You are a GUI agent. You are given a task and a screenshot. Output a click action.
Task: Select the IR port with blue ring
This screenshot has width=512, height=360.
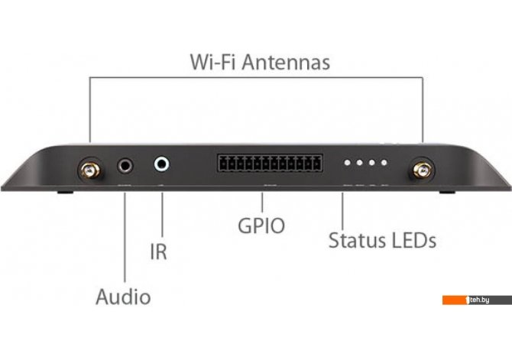[x=163, y=164]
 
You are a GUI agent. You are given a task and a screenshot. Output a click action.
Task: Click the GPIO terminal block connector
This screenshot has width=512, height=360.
[x=268, y=163]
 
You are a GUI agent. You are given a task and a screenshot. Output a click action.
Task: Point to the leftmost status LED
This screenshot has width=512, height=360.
[x=348, y=163]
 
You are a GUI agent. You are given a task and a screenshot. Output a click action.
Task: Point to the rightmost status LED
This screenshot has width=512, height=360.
[x=384, y=163]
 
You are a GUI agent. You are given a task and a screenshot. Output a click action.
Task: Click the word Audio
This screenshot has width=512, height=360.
[x=123, y=297]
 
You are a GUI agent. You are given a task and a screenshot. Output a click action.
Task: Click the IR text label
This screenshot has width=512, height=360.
[x=158, y=253]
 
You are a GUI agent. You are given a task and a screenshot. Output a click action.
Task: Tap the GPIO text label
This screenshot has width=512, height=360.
[x=261, y=227]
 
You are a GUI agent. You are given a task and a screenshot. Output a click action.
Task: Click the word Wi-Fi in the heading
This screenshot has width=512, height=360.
[x=209, y=62]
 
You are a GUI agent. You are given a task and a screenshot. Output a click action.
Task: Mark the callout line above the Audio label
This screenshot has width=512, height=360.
[x=125, y=237]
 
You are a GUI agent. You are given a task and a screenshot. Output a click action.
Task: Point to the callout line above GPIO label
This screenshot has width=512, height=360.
[x=262, y=203]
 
